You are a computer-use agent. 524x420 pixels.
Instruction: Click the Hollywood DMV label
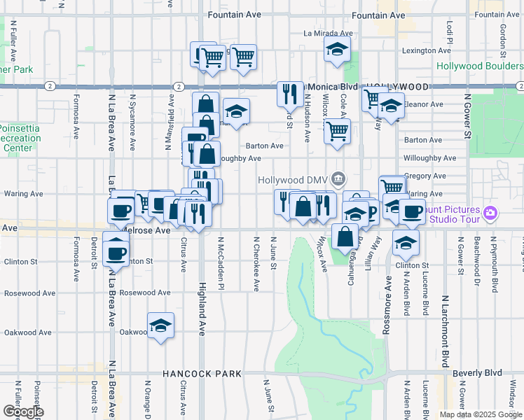[293, 180]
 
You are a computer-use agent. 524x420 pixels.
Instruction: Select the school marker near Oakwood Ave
[160, 326]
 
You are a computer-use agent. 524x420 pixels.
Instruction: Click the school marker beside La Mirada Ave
[337, 50]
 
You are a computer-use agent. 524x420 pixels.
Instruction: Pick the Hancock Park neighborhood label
[202, 374]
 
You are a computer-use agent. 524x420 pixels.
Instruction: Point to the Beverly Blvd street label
[478, 373]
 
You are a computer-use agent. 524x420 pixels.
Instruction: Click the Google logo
[23, 412]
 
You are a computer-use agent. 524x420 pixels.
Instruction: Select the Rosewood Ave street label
[145, 293]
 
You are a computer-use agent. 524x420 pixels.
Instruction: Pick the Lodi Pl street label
[449, 29]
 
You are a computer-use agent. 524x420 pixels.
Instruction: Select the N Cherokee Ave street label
[256, 263]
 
